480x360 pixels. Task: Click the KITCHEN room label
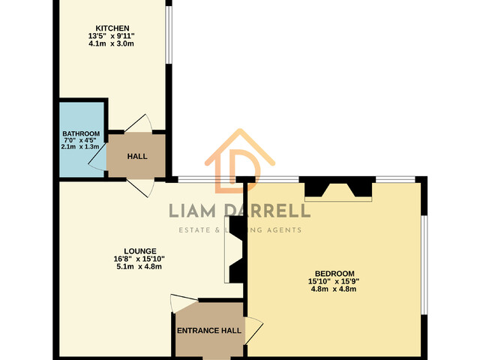pyautogui.click(x=112, y=28)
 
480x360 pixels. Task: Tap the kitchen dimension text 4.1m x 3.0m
pyautogui.click(x=111, y=43)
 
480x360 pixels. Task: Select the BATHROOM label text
pyautogui.click(x=81, y=133)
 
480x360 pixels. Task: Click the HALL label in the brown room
pyautogui.click(x=137, y=157)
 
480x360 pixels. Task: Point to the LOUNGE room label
pyautogui.click(x=140, y=251)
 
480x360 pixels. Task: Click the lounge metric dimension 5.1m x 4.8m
pyautogui.click(x=139, y=267)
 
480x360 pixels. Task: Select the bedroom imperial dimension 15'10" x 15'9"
pyautogui.click(x=334, y=281)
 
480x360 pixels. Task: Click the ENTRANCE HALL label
pyautogui.click(x=209, y=331)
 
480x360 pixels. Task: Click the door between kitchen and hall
pyautogui.click(x=138, y=124)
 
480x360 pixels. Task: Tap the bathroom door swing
pyautogui.click(x=97, y=157)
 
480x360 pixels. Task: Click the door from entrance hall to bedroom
pyautogui.click(x=253, y=331)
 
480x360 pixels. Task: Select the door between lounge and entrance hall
pyautogui.click(x=184, y=304)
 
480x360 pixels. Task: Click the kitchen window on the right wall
pyautogui.click(x=169, y=34)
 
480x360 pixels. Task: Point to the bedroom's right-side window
pyautogui.click(x=424, y=265)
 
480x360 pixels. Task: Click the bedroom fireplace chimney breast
pyautogui.click(x=338, y=190)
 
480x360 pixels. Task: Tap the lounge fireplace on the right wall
pyautogui.click(x=235, y=250)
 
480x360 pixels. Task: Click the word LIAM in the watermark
pyautogui.click(x=192, y=211)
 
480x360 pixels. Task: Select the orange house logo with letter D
pyautogui.click(x=240, y=162)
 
